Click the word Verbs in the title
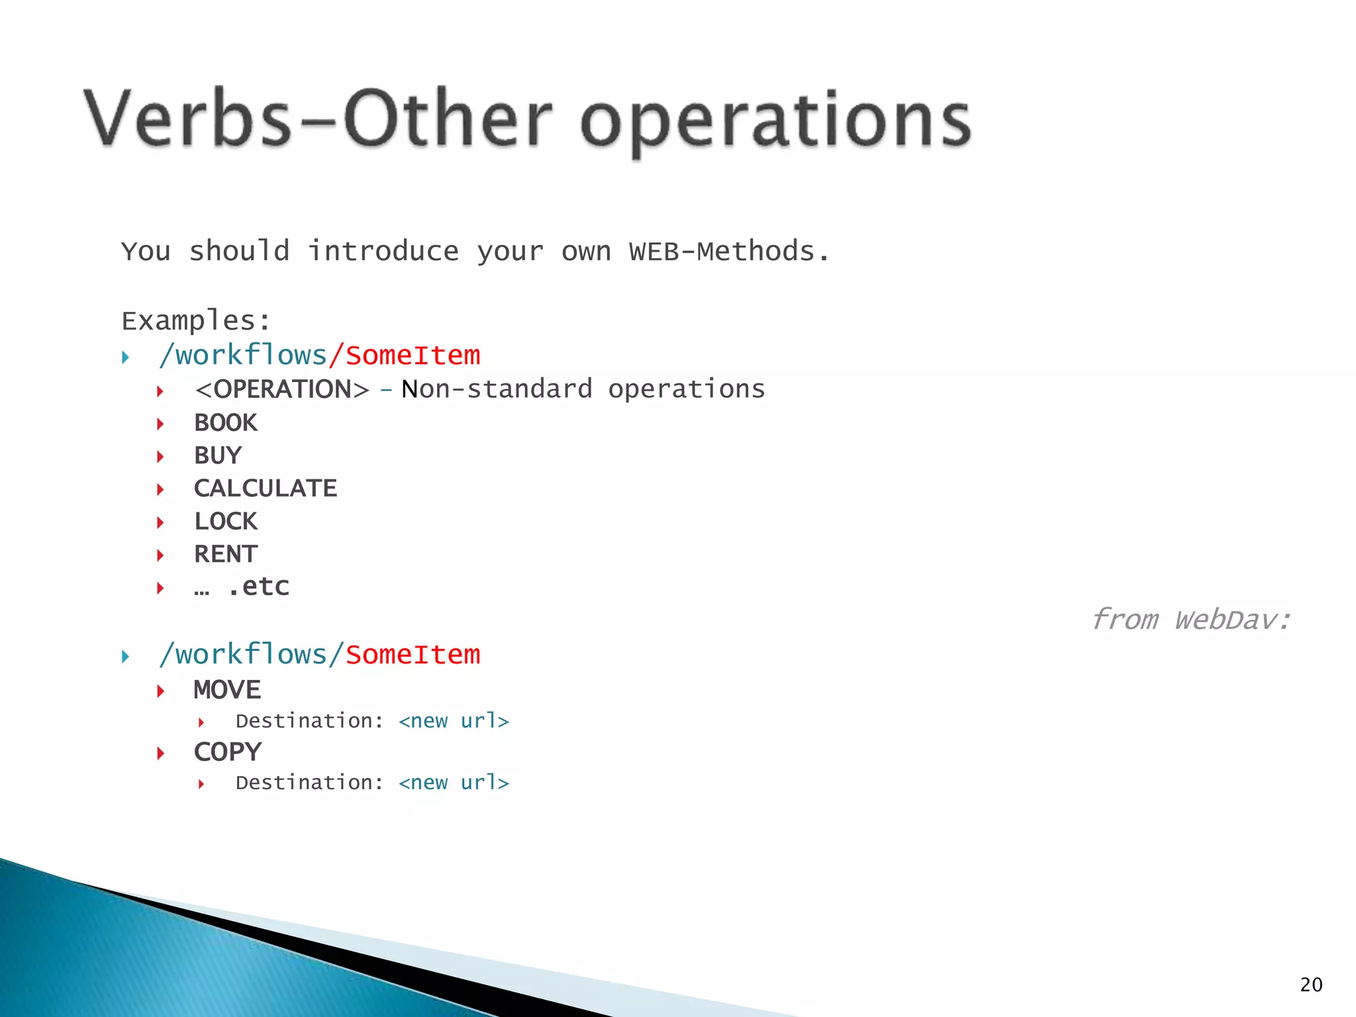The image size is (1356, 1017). click(x=187, y=119)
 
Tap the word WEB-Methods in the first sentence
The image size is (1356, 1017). click(x=722, y=252)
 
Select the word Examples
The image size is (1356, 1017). click(x=196, y=321)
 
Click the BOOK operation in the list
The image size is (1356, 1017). click(x=226, y=422)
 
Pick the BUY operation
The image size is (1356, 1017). click(x=218, y=456)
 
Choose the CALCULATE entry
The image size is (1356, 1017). click(x=266, y=489)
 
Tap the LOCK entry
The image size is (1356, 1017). click(x=226, y=522)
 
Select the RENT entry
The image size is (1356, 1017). click(x=226, y=554)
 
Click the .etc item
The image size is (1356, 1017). click(x=258, y=587)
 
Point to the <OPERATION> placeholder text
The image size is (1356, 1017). click(x=282, y=389)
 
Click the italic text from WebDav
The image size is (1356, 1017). click(x=1190, y=620)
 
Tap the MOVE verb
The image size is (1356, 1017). click(x=227, y=690)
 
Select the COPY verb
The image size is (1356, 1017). click(x=228, y=752)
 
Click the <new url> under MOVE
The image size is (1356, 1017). click(x=454, y=721)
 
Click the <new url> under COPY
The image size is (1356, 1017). click(x=454, y=783)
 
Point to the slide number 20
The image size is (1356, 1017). click(x=1311, y=985)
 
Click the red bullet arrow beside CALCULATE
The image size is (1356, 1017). click(x=160, y=489)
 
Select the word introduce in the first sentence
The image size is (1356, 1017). click(x=383, y=252)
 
